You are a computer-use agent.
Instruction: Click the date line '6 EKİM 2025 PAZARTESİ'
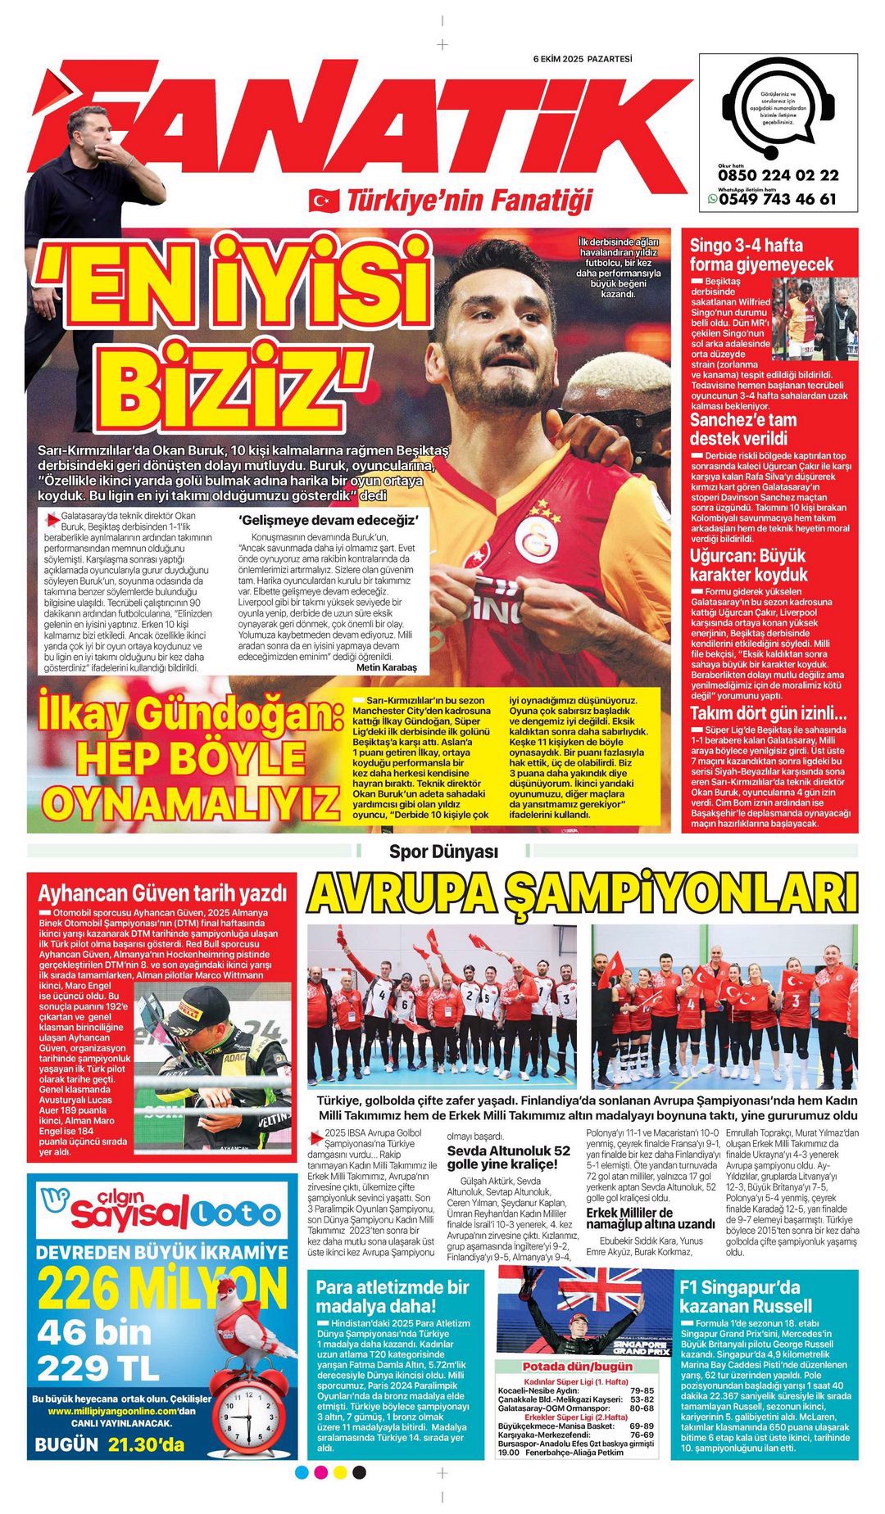pos(583,59)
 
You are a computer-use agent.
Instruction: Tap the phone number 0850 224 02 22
pos(778,175)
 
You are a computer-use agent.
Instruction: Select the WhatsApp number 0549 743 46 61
pos(778,199)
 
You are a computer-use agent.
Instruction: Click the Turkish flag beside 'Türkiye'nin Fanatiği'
pos(324,200)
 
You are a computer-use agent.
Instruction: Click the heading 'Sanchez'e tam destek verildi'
pos(742,429)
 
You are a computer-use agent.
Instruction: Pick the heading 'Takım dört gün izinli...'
pos(768,712)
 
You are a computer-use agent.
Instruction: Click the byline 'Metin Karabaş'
pos(387,667)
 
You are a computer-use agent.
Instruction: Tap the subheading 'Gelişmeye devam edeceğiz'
pos(329,520)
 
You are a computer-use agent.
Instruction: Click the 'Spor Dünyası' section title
pos(443,852)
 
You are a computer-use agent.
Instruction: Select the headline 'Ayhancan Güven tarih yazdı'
pos(162,893)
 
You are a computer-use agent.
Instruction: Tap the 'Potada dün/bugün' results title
pos(577,1366)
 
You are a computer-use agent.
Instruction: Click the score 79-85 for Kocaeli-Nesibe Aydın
pos(642,1390)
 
